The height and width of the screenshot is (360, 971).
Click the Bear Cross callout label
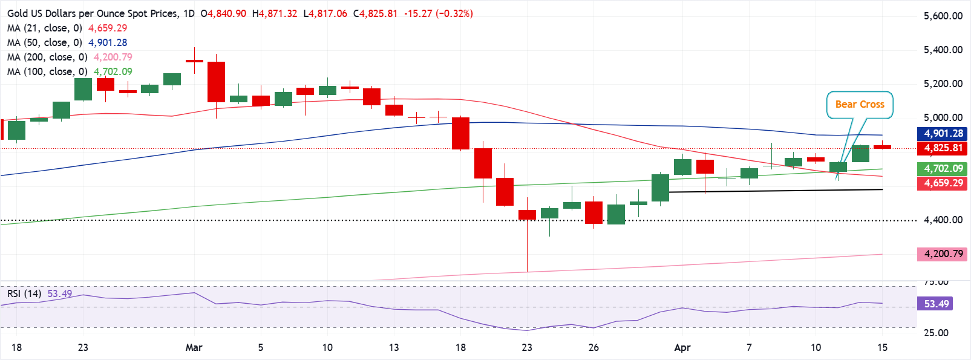click(x=859, y=105)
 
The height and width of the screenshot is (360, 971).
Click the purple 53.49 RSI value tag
click(x=936, y=304)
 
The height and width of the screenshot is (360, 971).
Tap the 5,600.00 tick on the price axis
click(x=943, y=16)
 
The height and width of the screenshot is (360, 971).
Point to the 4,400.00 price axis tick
click(x=943, y=220)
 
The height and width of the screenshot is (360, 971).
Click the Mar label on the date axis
click(x=194, y=347)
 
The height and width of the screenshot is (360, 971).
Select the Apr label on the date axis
click(x=682, y=347)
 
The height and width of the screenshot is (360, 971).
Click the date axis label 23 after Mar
click(x=527, y=347)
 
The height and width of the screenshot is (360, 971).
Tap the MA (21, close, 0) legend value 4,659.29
click(x=108, y=28)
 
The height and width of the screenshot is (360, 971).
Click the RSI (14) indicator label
click(x=24, y=294)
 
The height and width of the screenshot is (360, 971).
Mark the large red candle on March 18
click(x=460, y=133)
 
